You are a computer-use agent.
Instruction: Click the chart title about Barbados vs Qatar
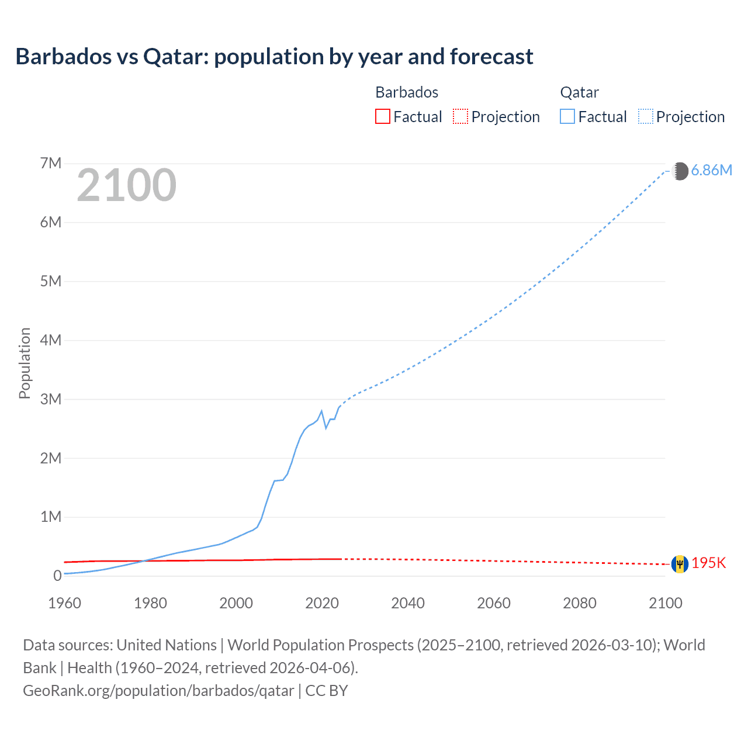[x=274, y=57]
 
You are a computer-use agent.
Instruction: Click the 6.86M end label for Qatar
[x=711, y=170]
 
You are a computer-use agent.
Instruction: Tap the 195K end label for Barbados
[x=708, y=563]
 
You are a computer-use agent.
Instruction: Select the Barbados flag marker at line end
[x=680, y=564]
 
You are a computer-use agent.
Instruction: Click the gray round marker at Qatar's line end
[x=680, y=171]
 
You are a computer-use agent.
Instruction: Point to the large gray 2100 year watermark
[x=126, y=185]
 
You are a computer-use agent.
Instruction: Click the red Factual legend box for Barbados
[x=382, y=117]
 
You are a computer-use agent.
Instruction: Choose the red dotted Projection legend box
[x=460, y=117]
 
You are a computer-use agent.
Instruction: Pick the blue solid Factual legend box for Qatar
[x=567, y=117]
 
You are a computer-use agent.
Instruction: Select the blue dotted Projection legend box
[x=646, y=117]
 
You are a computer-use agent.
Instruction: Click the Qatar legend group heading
[x=579, y=92]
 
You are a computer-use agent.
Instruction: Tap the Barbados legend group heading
[x=407, y=92]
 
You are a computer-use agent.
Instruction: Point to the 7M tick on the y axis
[x=51, y=163]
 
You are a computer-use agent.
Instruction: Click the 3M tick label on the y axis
[x=51, y=399]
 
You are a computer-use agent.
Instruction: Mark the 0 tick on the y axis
[x=57, y=576]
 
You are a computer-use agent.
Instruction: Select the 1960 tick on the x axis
[x=64, y=603]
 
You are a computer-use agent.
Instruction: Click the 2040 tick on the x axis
[x=408, y=603]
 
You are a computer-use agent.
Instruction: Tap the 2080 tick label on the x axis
[x=580, y=603]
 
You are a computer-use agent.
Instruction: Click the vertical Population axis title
[x=25, y=363]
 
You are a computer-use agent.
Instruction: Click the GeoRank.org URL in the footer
[x=158, y=691]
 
